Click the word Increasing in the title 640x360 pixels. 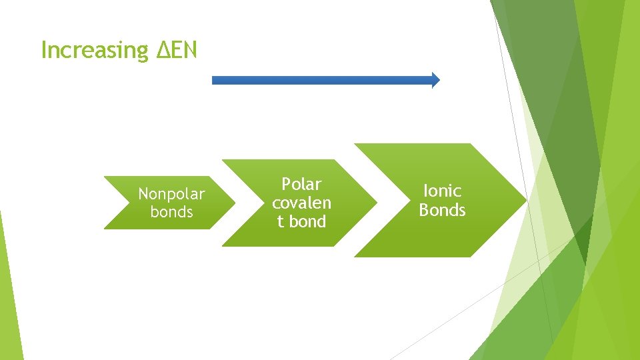94,51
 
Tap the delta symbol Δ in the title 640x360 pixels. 163,50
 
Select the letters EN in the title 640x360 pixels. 184,50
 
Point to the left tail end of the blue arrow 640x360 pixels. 214,80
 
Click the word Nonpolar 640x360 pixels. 171,194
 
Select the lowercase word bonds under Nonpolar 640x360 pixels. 171,212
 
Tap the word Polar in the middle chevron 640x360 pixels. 301,184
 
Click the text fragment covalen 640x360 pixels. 301,203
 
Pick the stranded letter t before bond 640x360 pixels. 281,221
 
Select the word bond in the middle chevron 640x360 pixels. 307,221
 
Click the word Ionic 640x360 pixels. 442,191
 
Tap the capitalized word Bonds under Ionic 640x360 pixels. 442,210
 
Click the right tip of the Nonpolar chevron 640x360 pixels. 235,203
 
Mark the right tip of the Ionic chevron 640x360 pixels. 525,200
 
